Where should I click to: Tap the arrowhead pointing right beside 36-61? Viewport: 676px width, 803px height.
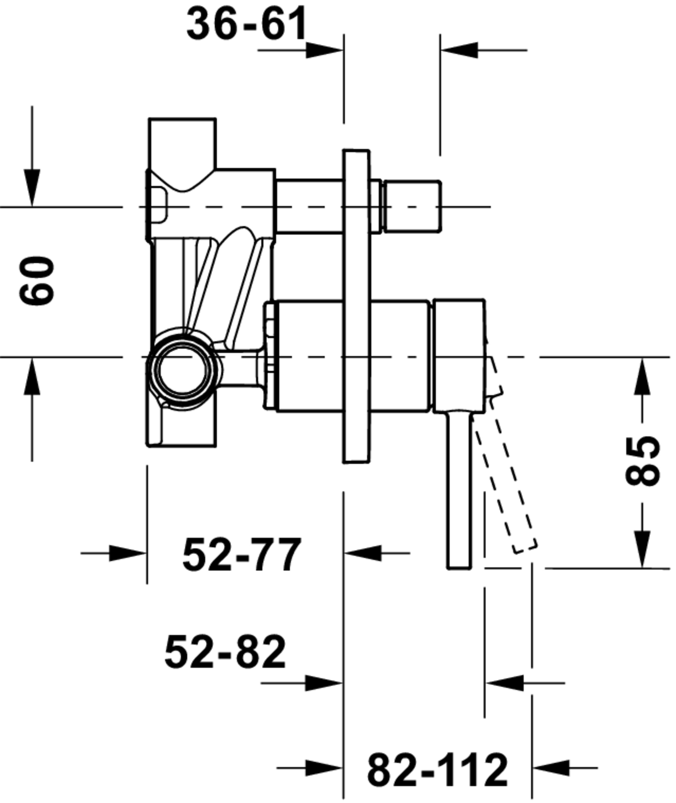point(324,50)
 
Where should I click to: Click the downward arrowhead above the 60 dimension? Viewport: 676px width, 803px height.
point(32,188)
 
